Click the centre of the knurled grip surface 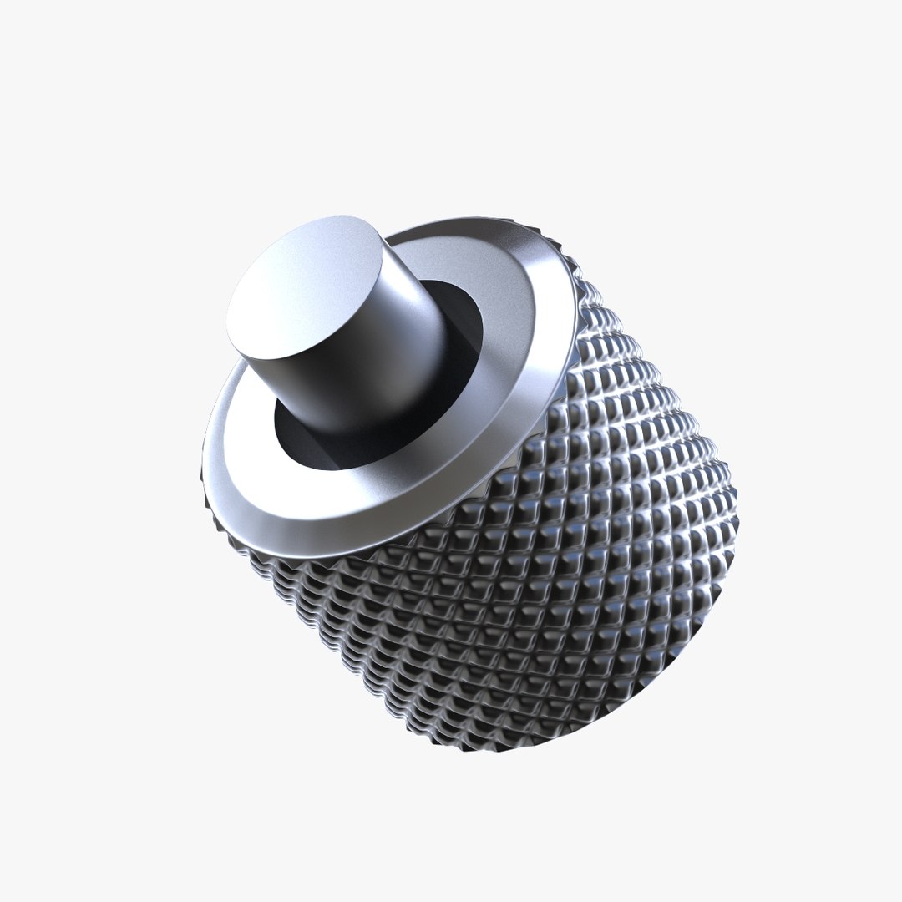pos(543,543)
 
